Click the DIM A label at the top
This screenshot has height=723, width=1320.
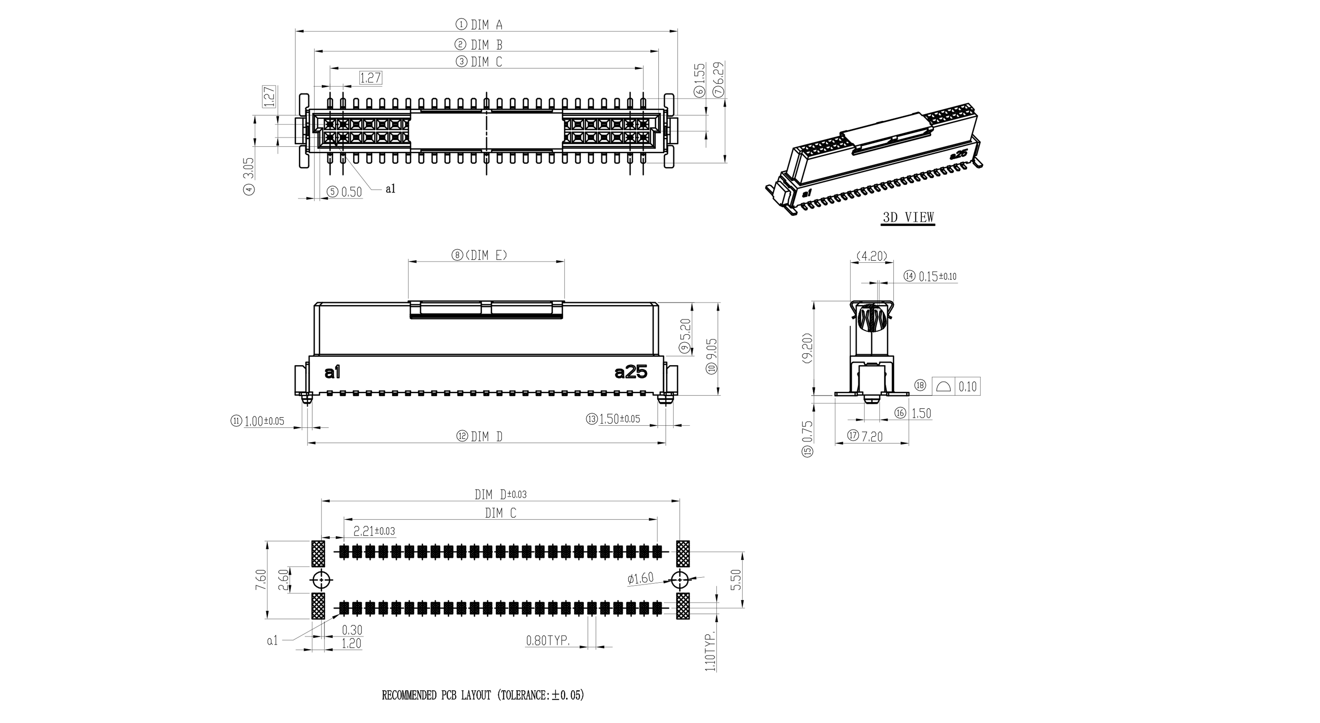486,24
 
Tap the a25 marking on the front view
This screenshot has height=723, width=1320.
631,373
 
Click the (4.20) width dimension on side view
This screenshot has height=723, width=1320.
872,256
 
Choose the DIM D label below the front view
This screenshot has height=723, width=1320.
486,436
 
